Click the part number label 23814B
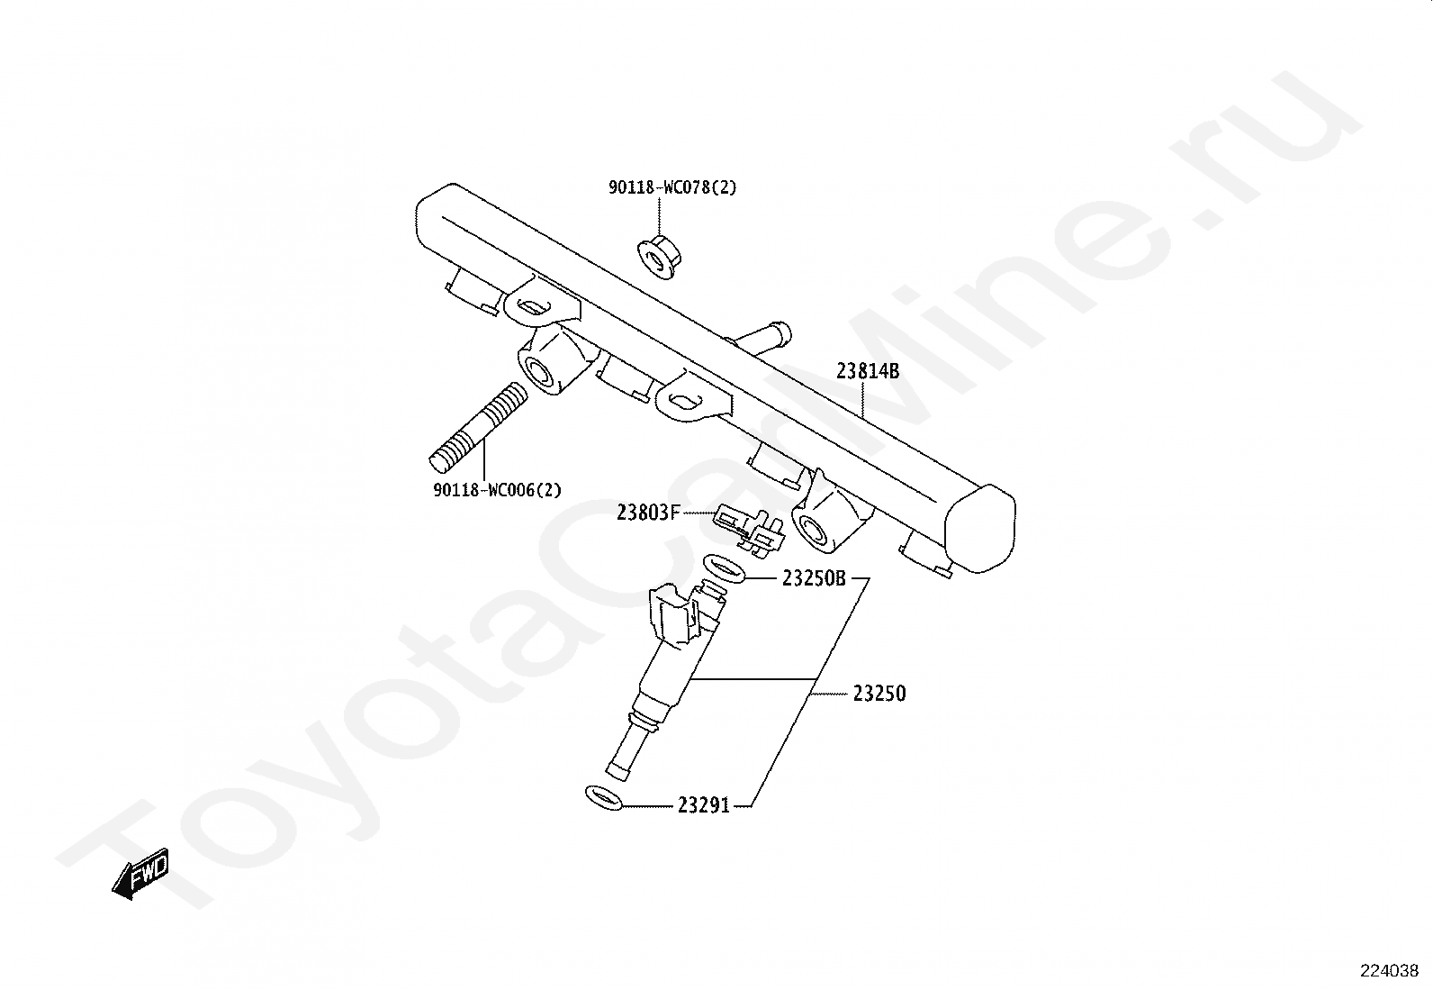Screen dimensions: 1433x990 [x=868, y=371]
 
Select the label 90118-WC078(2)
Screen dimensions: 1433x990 [x=672, y=187]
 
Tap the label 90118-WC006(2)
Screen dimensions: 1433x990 [x=497, y=490]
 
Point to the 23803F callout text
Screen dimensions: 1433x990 [x=647, y=513]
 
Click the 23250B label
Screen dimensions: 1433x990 [x=814, y=578]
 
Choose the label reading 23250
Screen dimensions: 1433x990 [x=879, y=694]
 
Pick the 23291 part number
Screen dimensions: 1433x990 [x=703, y=805]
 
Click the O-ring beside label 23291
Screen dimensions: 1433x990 [x=602, y=797]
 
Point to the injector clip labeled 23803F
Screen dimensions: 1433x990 [x=749, y=530]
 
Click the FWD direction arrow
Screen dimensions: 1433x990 [x=140, y=874]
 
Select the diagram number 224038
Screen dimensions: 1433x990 [x=1389, y=971]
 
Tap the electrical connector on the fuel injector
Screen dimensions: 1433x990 [x=674, y=612]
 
